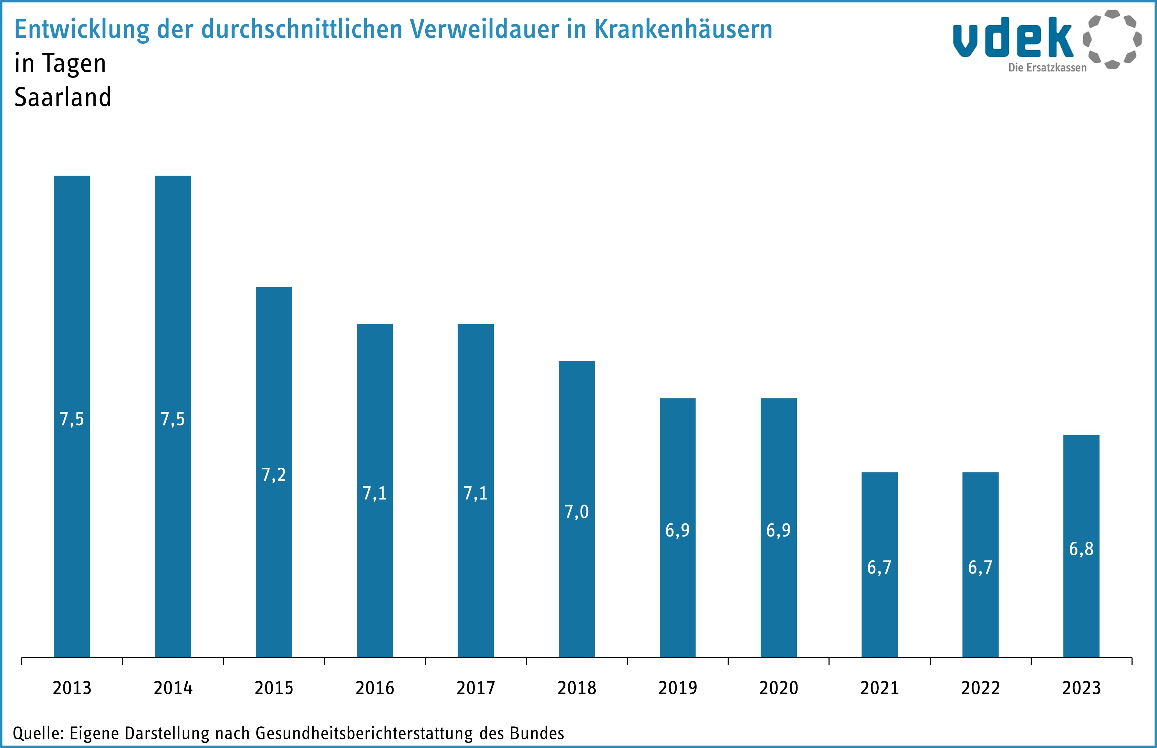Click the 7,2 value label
click(274, 475)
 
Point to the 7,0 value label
click(576, 512)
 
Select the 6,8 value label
click(1081, 549)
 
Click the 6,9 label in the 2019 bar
click(677, 530)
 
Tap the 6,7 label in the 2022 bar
click(980, 567)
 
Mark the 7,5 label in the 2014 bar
click(173, 419)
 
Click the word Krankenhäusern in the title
click(684, 29)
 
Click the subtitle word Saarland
click(63, 97)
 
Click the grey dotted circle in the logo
click(1112, 39)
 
